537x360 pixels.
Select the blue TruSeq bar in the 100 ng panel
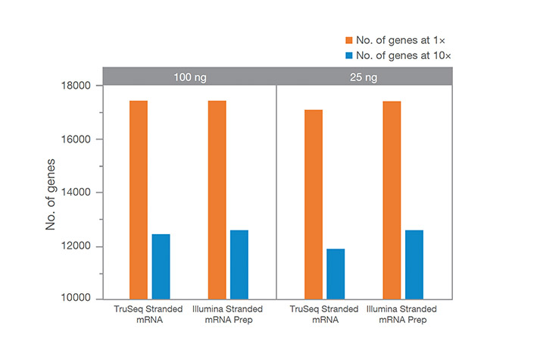pyautogui.click(x=161, y=266)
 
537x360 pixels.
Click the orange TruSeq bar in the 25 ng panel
pyautogui.click(x=314, y=204)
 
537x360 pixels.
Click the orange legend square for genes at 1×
pyautogui.click(x=349, y=39)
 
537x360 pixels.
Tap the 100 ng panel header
pyautogui.click(x=189, y=77)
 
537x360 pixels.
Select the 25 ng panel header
pyautogui.click(x=364, y=77)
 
